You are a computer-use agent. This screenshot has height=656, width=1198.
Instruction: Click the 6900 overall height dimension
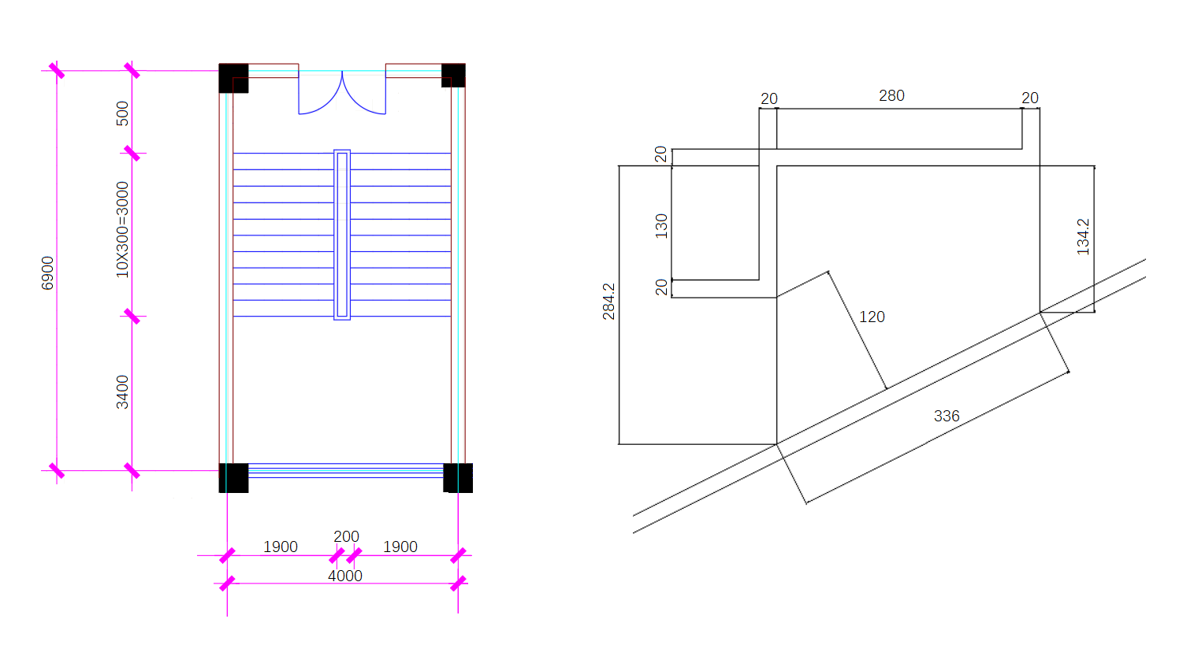click(47, 273)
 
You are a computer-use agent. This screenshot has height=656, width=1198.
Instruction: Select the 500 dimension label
click(122, 113)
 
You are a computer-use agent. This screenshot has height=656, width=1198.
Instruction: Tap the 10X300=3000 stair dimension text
click(122, 230)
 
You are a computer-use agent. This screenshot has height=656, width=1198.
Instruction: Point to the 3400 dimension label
click(122, 392)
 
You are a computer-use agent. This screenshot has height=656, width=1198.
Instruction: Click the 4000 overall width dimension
click(345, 576)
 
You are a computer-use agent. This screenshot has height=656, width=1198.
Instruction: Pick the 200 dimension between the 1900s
click(346, 536)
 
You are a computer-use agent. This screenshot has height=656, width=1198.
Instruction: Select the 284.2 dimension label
click(608, 302)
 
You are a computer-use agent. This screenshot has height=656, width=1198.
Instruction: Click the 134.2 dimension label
click(1083, 237)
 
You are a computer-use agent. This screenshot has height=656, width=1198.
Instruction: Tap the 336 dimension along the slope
click(947, 416)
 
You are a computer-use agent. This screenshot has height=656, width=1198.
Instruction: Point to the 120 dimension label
click(872, 317)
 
